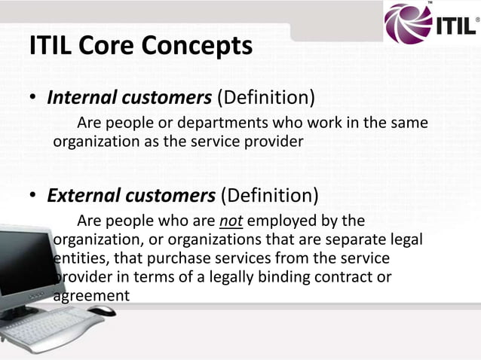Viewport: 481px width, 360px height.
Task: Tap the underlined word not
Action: point(231,222)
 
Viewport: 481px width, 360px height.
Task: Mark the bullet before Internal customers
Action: point(33,99)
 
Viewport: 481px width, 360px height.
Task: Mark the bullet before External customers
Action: point(33,197)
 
